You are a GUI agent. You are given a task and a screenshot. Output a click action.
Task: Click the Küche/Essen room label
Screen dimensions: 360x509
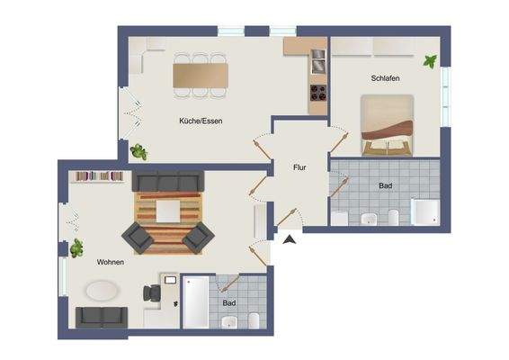pyautogui.click(x=201, y=120)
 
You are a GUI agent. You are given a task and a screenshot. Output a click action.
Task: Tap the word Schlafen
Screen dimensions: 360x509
pyautogui.click(x=385, y=78)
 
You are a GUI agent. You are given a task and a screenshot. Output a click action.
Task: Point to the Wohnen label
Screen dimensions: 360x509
pyautogui.click(x=111, y=262)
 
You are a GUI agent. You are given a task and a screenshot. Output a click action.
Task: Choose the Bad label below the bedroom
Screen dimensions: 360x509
pyautogui.click(x=385, y=185)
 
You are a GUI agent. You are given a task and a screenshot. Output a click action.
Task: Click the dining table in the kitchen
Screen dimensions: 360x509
pyautogui.click(x=201, y=74)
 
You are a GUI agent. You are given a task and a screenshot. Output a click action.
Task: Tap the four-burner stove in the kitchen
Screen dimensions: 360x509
pyautogui.click(x=318, y=92)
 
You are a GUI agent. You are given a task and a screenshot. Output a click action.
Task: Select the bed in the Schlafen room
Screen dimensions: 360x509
pyautogui.click(x=388, y=125)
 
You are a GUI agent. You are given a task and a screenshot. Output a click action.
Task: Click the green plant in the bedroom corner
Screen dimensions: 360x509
pyautogui.click(x=432, y=62)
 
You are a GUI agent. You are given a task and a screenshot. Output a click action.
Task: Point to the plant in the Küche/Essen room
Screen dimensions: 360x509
pyautogui.click(x=138, y=151)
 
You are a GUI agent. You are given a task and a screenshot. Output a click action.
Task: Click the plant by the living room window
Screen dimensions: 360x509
pyautogui.click(x=76, y=247)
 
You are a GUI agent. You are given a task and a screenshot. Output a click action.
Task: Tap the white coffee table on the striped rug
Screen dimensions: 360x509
pyautogui.click(x=170, y=210)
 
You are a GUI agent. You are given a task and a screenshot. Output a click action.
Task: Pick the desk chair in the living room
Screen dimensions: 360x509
pyautogui.click(x=149, y=293)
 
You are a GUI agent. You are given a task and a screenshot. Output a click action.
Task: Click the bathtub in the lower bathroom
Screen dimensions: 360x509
pyautogui.click(x=195, y=301)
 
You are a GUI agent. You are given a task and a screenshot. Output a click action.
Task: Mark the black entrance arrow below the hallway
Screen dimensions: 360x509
pyautogui.click(x=288, y=239)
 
